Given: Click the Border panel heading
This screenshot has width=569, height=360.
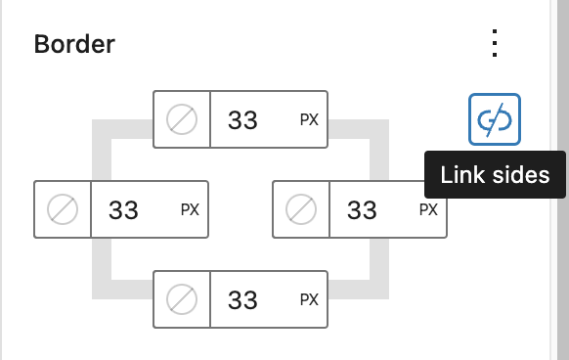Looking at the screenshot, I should [74, 44].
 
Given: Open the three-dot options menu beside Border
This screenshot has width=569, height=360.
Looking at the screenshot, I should [496, 44].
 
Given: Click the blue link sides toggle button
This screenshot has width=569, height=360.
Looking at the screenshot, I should [495, 119].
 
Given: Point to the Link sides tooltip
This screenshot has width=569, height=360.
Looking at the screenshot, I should [495, 176].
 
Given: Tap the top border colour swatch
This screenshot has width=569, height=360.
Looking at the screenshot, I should [182, 120].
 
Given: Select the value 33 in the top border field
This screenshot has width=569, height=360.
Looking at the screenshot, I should [242, 120].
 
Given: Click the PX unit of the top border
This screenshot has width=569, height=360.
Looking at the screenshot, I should [309, 120].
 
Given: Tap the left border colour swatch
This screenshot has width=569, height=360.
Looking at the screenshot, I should [63, 209].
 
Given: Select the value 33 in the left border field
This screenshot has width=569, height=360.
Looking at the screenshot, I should [123, 209].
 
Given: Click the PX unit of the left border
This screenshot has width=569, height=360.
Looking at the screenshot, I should [190, 209].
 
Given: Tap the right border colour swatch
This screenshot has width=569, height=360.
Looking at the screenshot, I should [301, 209].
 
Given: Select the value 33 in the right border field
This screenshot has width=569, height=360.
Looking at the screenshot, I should [362, 209].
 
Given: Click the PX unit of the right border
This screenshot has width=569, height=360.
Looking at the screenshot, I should [428, 209].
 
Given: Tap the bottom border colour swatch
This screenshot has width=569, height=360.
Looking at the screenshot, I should [182, 298].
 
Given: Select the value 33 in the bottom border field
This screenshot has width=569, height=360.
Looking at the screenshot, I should [242, 298].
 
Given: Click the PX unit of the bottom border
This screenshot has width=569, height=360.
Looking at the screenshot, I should [309, 298].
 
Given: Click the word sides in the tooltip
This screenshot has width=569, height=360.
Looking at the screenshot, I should [522, 176].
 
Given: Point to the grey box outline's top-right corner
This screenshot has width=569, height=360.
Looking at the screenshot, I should [378, 129].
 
